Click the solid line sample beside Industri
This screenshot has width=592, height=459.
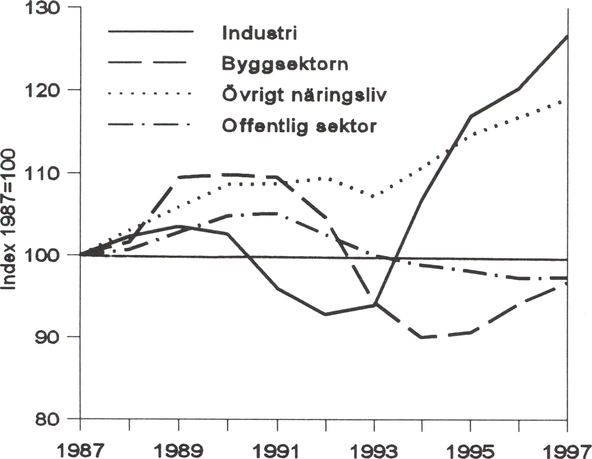tap(151, 32)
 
